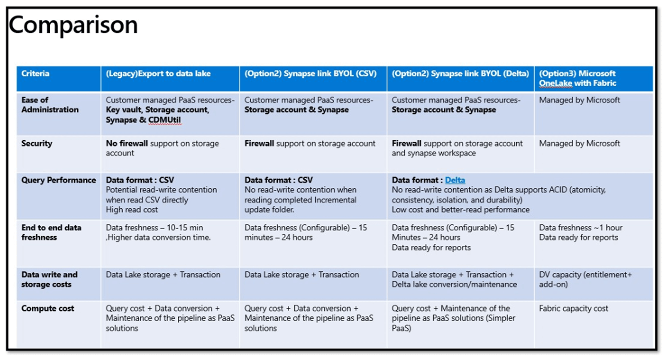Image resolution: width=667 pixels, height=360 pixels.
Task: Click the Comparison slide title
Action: coord(73,25)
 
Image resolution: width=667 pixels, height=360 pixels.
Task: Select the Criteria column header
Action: coord(35,73)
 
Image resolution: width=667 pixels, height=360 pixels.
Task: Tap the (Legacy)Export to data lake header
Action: coord(158,73)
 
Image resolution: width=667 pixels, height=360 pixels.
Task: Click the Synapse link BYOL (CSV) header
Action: coord(311,73)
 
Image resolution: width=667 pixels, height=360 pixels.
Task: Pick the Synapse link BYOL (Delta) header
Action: coord(461,73)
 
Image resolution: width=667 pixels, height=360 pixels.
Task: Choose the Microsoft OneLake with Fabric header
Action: coord(577,79)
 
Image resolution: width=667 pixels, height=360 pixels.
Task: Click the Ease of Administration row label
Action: coord(50,105)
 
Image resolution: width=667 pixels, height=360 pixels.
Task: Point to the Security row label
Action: coord(36,143)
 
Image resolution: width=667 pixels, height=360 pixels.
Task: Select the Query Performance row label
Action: coord(59,180)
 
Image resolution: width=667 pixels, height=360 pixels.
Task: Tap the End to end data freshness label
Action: coord(51,233)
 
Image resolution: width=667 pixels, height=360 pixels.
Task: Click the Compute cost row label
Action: coord(48,309)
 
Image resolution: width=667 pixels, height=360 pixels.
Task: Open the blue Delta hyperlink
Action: coord(455,180)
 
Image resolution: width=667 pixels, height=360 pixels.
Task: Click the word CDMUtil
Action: coord(164,120)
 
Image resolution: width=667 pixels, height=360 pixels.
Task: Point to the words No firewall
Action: coord(127,143)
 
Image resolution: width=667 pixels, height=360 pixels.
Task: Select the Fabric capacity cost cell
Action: coord(573,309)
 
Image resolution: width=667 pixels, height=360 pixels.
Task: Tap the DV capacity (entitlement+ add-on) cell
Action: coord(585,279)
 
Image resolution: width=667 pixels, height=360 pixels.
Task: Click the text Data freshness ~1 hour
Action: coord(581,228)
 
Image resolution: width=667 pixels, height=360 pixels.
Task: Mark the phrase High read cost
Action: coord(132,210)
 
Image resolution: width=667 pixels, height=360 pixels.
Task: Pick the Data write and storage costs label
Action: coord(49,279)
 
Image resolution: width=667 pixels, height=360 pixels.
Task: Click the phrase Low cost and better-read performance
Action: coord(461,210)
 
